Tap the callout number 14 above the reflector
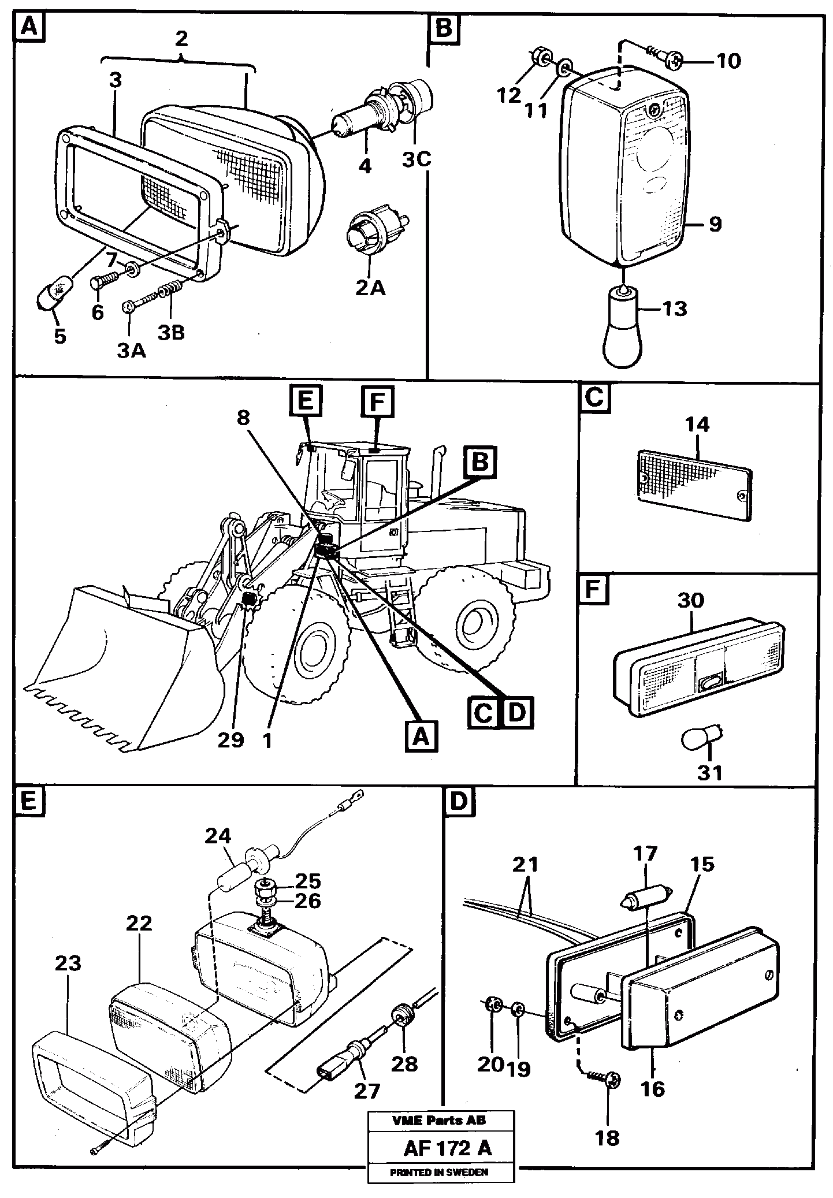tap(697, 425)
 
